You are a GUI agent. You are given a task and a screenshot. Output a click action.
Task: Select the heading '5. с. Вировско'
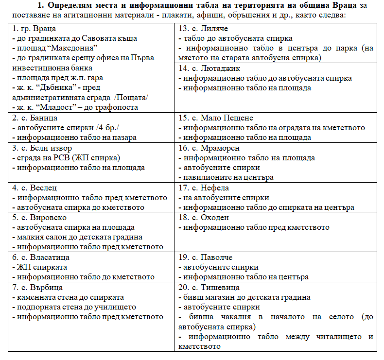37,218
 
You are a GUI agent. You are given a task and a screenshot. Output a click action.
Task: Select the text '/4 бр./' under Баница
99,128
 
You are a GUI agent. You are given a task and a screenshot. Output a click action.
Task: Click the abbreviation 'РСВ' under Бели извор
51,158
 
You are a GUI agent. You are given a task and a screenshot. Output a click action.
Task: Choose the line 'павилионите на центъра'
228,178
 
